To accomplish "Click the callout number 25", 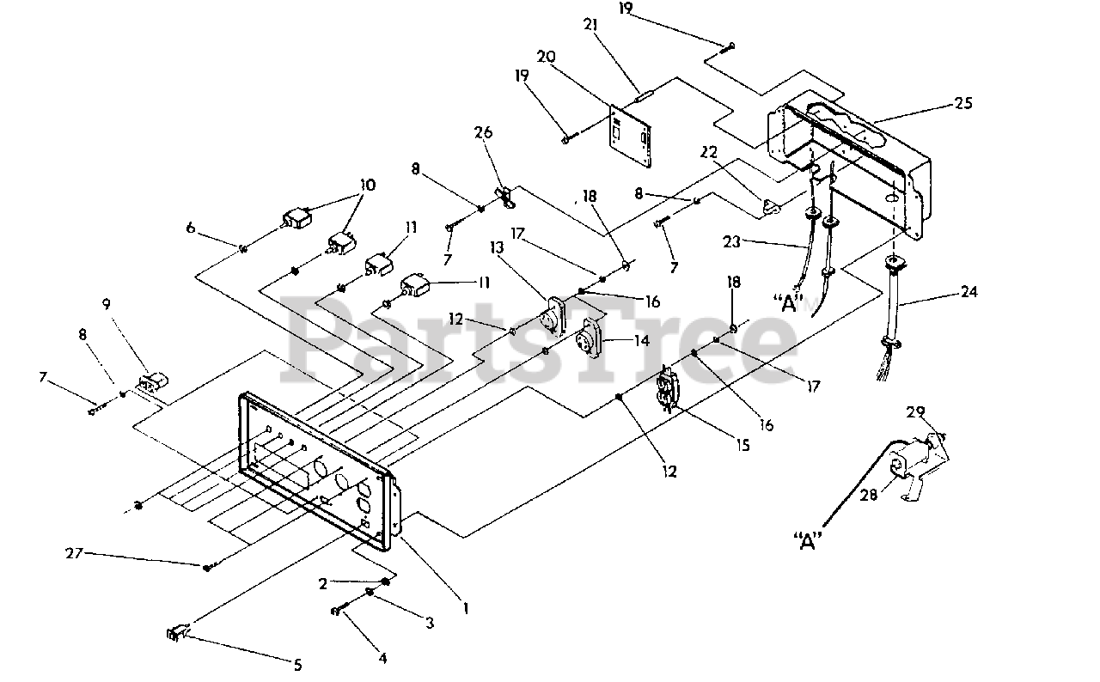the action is (x=963, y=104).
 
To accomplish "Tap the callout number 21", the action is (x=590, y=24).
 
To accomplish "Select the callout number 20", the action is (x=546, y=57).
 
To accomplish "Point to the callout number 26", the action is (x=484, y=132).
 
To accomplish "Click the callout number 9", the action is (x=107, y=304).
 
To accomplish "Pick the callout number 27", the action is (x=74, y=553).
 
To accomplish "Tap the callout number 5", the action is (x=297, y=666).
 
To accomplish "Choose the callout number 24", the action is (x=969, y=292).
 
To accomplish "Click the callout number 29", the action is (x=915, y=412).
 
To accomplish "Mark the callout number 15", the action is (x=743, y=445).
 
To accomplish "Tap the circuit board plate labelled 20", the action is (x=631, y=136).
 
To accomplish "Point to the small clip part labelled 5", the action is (x=176, y=633).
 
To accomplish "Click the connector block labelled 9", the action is (x=153, y=381).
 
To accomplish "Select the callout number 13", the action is (x=497, y=247).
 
